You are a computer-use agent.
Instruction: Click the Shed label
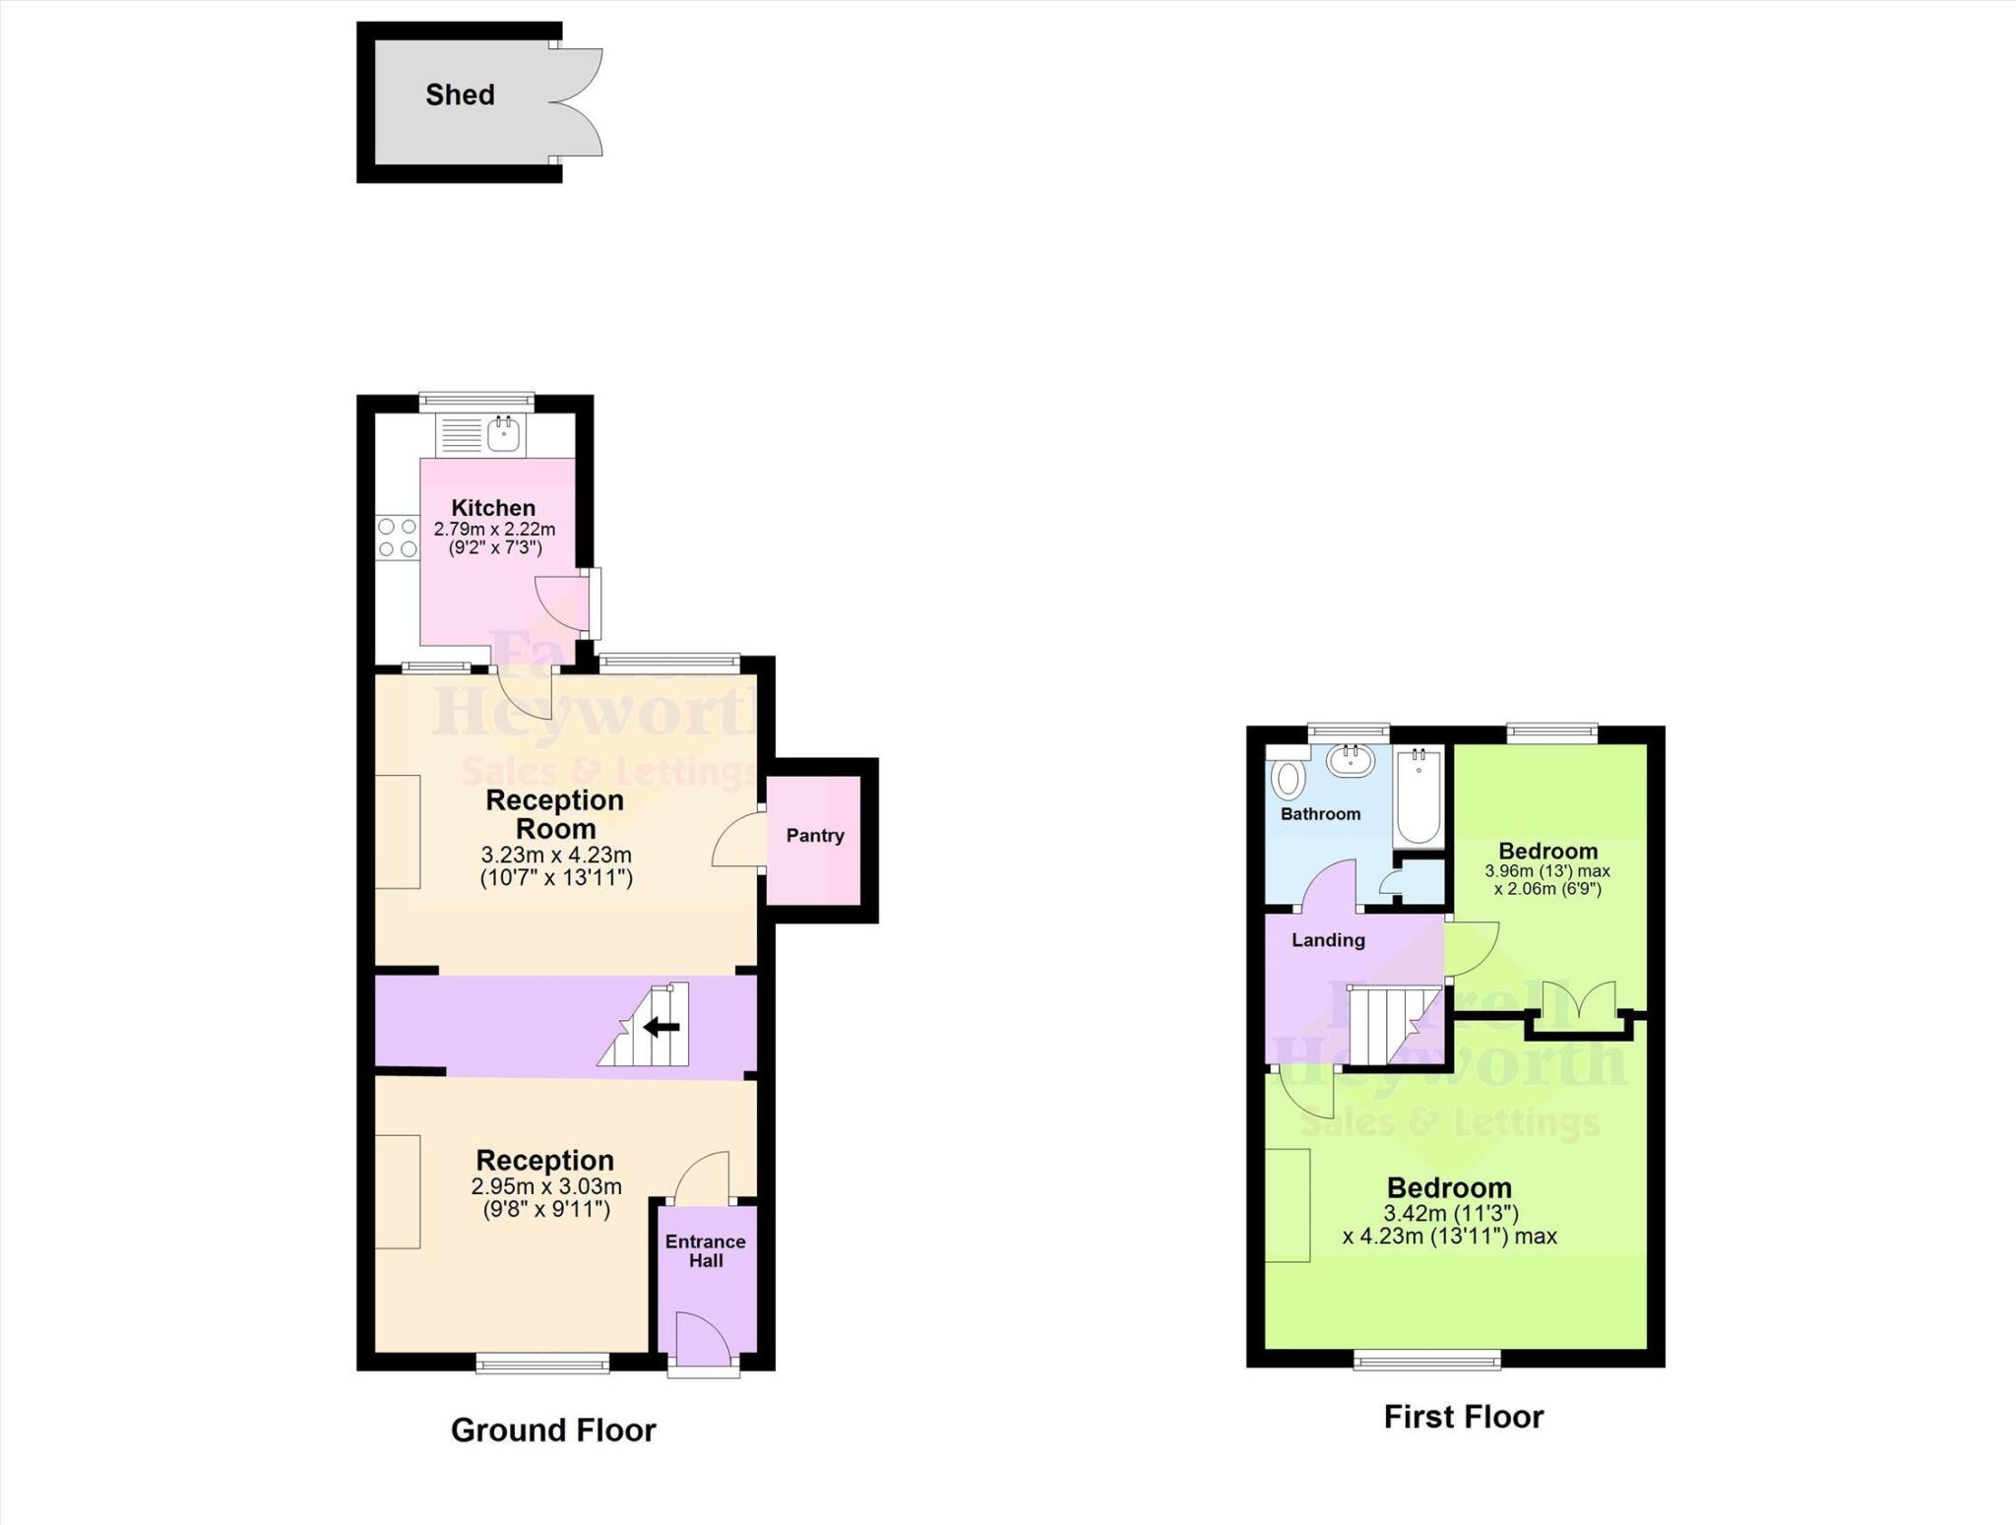pos(460,95)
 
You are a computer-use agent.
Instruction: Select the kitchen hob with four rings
pos(397,538)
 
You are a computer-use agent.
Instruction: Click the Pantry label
pos(815,836)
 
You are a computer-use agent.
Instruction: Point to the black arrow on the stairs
pos(661,1028)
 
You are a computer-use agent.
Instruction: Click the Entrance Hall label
pos(706,1251)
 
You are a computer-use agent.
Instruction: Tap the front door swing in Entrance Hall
pos(702,1338)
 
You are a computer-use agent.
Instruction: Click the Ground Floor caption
pos(553,1430)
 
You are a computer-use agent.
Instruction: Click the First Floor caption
pos(1464,1417)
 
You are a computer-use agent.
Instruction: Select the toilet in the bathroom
pos(1287,779)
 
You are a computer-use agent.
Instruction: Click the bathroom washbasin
pos(1350,760)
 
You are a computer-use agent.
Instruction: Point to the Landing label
pos(1328,940)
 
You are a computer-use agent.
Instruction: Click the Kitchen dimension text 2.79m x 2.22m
pos(494,530)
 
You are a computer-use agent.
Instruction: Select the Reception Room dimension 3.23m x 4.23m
pos(556,855)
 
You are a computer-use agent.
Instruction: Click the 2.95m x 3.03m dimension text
pos(546,1187)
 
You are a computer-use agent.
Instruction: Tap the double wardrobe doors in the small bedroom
pos(1578,1004)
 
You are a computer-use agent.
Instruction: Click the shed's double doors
pos(577,102)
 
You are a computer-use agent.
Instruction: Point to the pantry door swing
pos(738,840)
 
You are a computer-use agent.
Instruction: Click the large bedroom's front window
pos(1427,1361)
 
